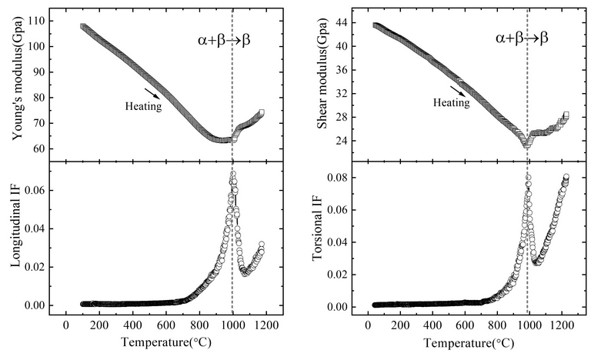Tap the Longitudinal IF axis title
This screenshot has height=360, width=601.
point(16,235)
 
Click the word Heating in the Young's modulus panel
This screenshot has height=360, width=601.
point(143,107)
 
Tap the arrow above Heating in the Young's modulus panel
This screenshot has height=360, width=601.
point(153,93)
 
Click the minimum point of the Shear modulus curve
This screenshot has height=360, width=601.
point(526,144)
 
